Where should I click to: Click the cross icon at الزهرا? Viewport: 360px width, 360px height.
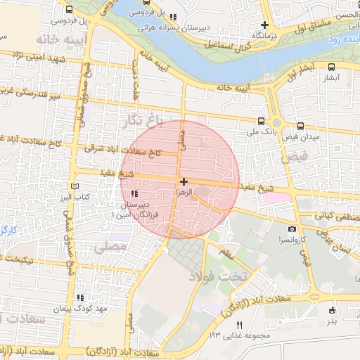(x=184, y=181)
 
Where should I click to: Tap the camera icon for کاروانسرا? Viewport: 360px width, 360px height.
(x=292, y=229)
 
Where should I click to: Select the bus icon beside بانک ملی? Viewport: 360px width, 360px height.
(x=262, y=120)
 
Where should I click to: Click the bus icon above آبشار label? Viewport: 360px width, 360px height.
(x=330, y=67)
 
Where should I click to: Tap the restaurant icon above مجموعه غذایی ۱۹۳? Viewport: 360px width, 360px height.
(x=240, y=325)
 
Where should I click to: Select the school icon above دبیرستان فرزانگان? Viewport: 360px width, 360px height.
(x=134, y=193)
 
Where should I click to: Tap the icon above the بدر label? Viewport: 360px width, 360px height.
(x=331, y=309)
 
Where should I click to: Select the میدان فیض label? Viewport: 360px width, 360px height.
(x=303, y=137)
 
